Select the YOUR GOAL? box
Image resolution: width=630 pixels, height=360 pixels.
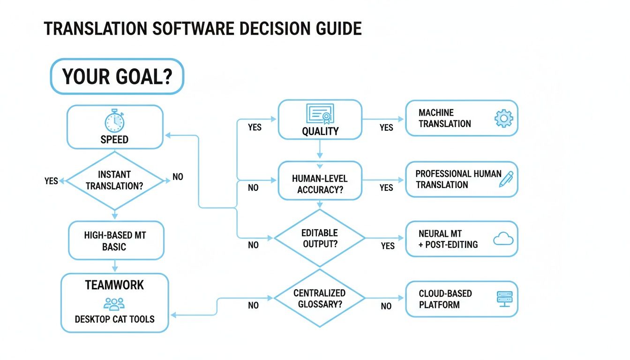coord(117,76)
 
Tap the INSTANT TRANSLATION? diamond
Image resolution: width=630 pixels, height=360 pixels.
coord(115,180)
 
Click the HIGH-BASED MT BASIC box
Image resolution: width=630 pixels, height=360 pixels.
coord(116,240)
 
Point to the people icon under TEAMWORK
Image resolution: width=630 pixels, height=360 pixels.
coord(114,304)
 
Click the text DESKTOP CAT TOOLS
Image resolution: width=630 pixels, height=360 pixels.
coord(114,320)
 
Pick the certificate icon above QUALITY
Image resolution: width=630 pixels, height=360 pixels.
coord(320,113)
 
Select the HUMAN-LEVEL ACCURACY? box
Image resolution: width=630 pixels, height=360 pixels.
coord(320,180)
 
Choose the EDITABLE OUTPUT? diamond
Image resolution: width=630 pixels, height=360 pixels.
coord(320,238)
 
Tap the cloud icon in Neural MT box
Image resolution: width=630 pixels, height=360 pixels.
coord(503,240)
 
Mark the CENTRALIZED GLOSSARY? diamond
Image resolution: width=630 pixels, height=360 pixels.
coord(320,299)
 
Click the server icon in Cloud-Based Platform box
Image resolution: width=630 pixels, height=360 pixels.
coord(504,299)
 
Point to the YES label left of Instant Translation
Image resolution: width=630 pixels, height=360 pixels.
coord(51,181)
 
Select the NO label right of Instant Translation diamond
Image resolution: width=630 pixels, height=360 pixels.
coord(178,177)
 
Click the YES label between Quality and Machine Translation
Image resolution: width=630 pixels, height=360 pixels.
coord(386,127)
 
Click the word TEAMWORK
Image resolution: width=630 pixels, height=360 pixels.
coord(114,285)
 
